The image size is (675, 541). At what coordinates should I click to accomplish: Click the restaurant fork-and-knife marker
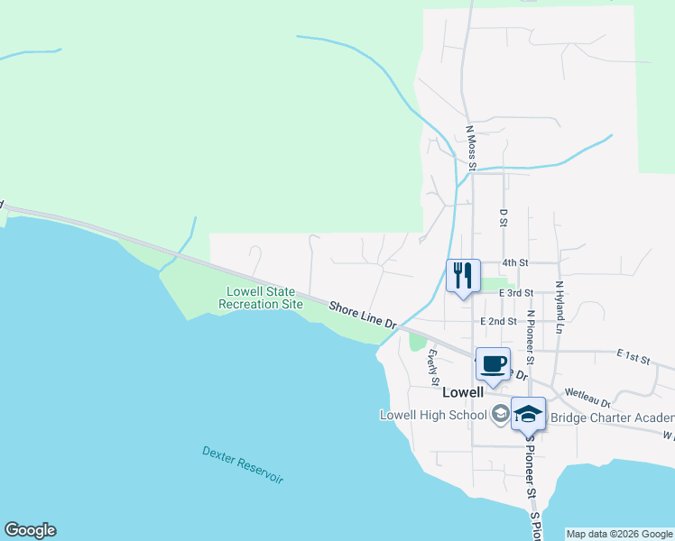point(463,275)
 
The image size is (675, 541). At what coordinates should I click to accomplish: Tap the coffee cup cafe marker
point(493,364)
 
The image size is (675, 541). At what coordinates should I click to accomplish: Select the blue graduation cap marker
point(528,414)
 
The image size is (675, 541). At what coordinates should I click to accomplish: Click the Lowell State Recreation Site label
point(261,298)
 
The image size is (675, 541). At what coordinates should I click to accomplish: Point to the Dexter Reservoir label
point(243,464)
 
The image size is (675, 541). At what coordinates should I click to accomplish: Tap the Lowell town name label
point(464,392)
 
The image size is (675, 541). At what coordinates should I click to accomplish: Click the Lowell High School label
point(433,415)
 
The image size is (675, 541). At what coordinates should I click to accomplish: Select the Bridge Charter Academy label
point(612,417)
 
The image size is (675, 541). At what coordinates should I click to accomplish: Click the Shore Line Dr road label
point(362,315)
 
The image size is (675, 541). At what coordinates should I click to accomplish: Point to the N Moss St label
point(470,147)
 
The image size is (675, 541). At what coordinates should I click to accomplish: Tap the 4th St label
point(514,262)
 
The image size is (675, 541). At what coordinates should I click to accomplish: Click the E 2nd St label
point(499,321)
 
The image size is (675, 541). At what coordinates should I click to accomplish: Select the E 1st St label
point(633,359)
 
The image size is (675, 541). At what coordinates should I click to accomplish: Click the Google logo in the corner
point(30,530)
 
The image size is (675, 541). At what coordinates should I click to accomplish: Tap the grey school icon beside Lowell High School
point(500,415)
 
